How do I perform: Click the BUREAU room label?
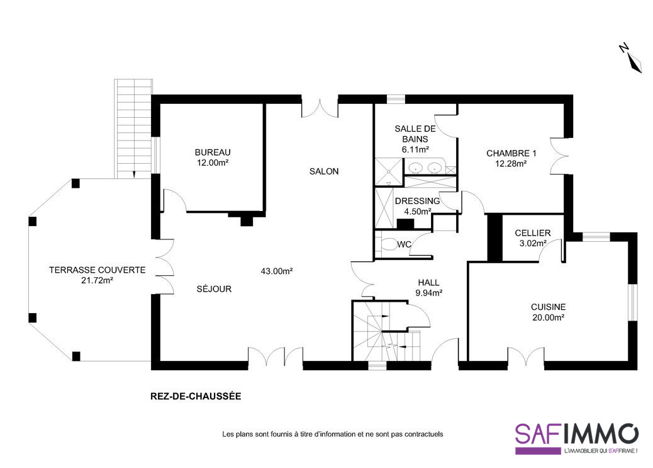213,152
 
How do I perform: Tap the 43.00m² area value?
277,271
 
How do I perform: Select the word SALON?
324,171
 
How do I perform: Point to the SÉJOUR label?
214,288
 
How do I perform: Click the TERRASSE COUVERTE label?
98,270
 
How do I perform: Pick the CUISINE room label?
548,307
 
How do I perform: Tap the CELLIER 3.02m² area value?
533,243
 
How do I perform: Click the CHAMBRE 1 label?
511,154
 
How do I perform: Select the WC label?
404,245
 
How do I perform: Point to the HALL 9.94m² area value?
428,293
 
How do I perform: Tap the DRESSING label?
417,202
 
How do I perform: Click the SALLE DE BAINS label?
415,134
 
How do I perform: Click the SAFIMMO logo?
577,438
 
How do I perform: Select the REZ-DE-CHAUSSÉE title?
196,396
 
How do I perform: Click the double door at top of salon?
320,108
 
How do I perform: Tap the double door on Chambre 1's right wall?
559,156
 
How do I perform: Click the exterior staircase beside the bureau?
133,129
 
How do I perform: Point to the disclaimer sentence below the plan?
333,434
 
